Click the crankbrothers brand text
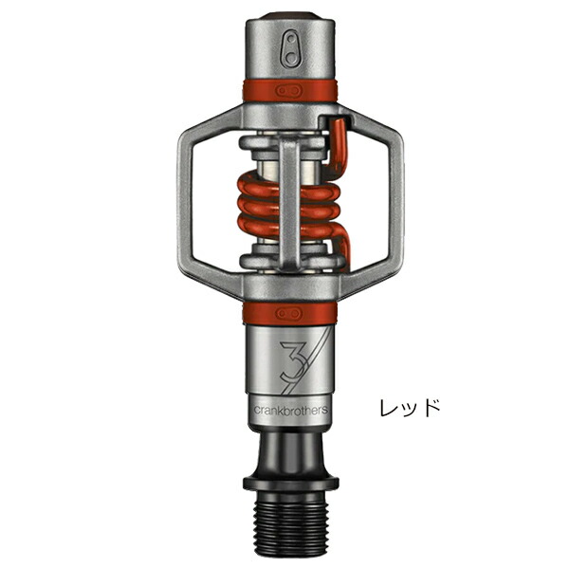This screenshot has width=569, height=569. (x=290, y=410)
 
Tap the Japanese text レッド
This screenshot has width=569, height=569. (x=410, y=408)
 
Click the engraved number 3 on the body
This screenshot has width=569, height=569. (x=292, y=361)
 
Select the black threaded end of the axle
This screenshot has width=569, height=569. (x=290, y=523)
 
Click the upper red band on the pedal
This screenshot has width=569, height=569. (x=290, y=90)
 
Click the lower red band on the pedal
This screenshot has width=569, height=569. (x=290, y=313)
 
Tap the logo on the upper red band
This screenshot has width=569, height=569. (x=289, y=91)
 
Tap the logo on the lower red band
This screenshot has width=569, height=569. (x=289, y=313)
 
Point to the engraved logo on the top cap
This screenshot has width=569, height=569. (x=291, y=49)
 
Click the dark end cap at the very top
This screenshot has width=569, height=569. (x=290, y=15)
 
